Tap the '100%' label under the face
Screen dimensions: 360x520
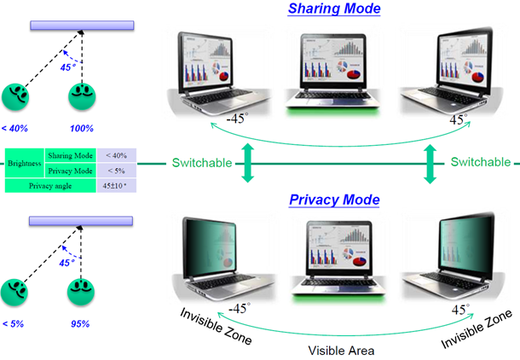click(81, 128)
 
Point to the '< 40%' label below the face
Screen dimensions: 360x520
click(14, 128)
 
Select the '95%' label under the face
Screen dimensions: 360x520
click(81, 324)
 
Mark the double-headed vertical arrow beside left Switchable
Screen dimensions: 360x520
click(248, 162)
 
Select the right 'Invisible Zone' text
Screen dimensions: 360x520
click(477, 328)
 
